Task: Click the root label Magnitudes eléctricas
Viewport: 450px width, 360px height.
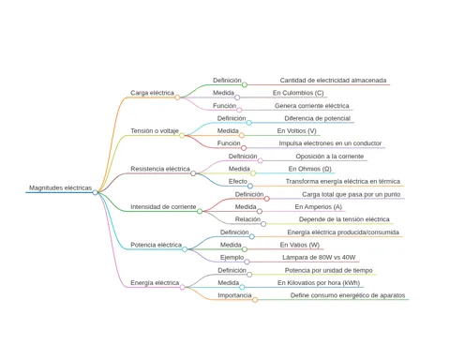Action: (60, 187)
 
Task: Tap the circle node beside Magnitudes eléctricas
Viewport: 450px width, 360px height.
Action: (95, 192)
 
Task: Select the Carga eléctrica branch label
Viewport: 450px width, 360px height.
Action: (152, 93)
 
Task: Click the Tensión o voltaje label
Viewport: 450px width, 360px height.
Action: (155, 130)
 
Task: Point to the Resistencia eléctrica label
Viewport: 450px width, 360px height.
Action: (160, 169)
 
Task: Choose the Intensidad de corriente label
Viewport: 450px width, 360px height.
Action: (163, 207)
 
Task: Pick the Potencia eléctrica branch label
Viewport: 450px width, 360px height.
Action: (156, 245)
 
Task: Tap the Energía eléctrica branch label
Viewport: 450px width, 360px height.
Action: (155, 283)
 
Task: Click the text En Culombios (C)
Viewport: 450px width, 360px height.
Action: (298, 93)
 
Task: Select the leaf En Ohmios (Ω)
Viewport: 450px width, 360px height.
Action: (310, 169)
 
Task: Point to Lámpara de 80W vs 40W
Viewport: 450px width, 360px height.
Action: (319, 258)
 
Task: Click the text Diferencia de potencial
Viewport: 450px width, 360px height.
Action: (318, 118)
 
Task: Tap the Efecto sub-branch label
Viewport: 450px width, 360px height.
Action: (238, 181)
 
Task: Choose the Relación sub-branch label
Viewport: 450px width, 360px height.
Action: (247, 219)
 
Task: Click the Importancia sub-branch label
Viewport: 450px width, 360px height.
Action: (234, 295)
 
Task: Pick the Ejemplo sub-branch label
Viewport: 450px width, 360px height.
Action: (232, 258)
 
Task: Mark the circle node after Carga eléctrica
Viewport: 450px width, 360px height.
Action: (177, 97)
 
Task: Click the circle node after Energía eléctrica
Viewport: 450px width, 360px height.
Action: (182, 287)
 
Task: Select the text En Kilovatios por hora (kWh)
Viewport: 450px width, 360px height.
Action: (319, 283)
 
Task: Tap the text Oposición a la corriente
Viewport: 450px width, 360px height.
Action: (330, 157)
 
